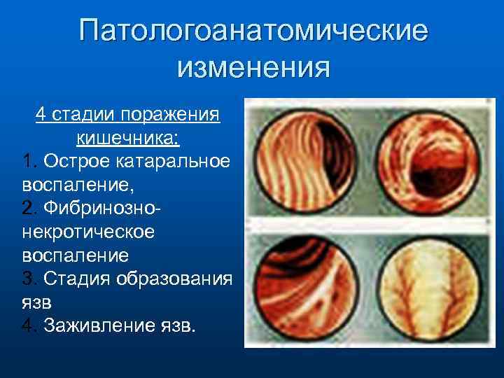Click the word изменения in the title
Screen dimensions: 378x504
[253, 68]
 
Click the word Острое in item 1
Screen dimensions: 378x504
[72, 162]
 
